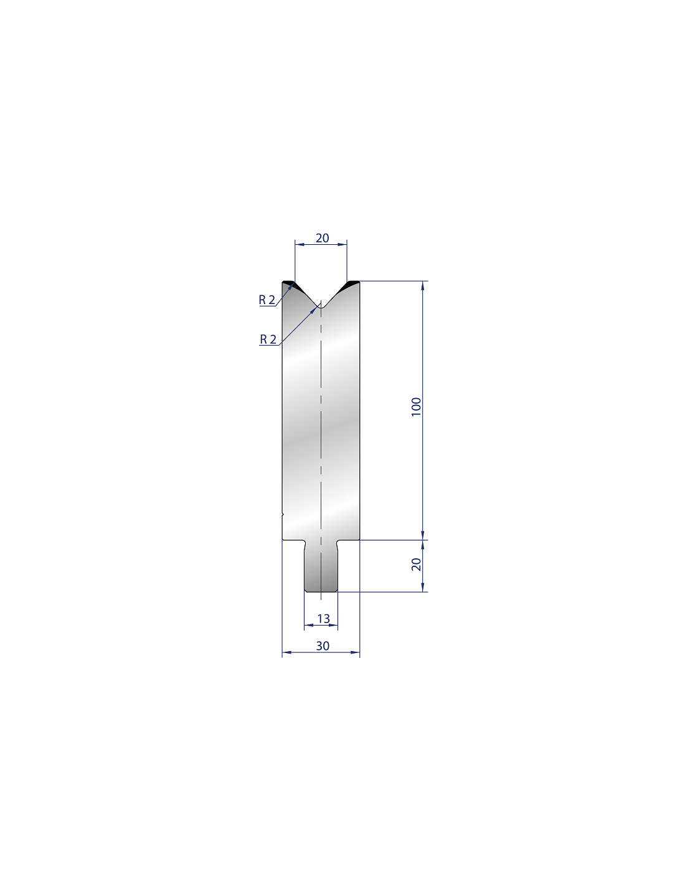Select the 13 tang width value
[323, 619]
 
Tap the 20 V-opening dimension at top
[322, 238]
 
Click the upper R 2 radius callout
[267, 300]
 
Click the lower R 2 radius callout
[268, 339]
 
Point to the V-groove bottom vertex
[321, 308]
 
